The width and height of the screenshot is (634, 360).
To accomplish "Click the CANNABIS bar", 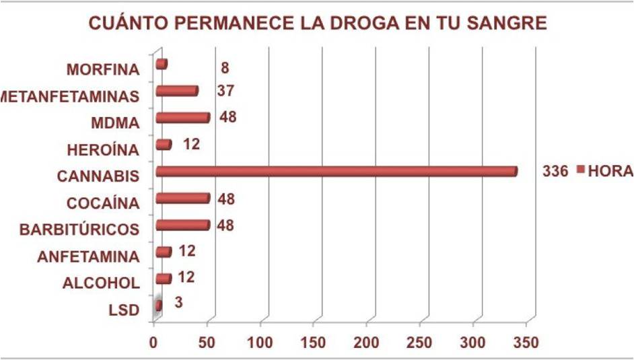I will pos(337,172).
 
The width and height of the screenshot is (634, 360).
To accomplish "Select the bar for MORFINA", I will pos(161,64).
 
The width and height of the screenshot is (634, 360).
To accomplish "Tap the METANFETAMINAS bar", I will pos(176,91).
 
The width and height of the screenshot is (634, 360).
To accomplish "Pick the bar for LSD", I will pos(158,305).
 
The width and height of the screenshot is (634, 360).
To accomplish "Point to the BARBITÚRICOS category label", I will pos(79,229).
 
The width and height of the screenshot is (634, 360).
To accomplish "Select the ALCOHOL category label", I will pos(100,283).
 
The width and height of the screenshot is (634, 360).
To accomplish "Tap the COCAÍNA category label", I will pos(103,203).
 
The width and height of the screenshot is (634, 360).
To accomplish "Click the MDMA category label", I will pos(114,122).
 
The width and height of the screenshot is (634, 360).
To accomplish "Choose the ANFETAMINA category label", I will pos(88,256).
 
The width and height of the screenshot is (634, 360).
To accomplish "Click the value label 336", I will pos(556,171).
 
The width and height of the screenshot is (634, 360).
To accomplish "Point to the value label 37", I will pos(225,90).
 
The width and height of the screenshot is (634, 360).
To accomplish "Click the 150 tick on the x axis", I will pos(313,341).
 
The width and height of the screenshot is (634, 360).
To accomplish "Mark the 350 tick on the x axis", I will pos(526,341).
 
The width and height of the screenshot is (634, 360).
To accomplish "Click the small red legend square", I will pos(581,170).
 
